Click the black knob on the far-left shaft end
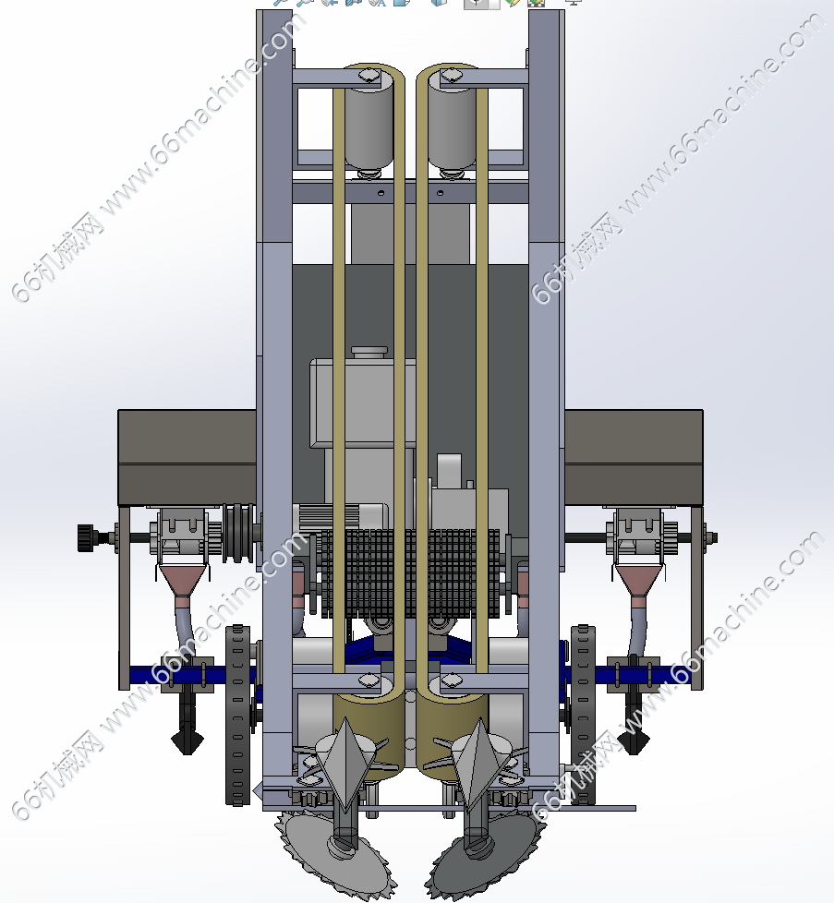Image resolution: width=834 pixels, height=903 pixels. tap(87, 538)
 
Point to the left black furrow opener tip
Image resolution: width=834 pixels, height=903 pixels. tap(187, 742)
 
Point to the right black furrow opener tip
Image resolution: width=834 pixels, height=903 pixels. tap(634, 742)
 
